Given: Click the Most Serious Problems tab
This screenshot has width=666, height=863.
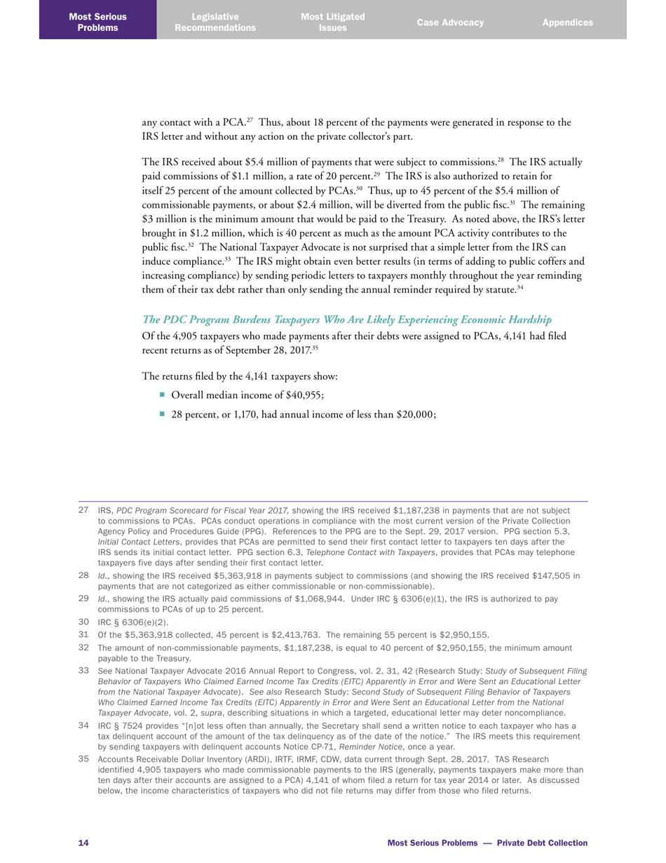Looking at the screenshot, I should pos(97,22).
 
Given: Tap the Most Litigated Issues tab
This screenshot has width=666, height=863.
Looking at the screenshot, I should pos(332,22).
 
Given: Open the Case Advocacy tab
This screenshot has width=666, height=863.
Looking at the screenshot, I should pos(450,22).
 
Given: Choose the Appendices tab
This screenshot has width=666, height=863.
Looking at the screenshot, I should pos(567,22).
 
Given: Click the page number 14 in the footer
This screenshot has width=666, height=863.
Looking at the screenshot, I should pos(83,843).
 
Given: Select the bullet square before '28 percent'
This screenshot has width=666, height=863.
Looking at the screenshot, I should pos(162,414).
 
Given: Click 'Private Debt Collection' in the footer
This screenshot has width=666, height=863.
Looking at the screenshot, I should pos(542,843).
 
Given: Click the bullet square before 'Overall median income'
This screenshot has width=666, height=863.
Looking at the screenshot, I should pos(162,394).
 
